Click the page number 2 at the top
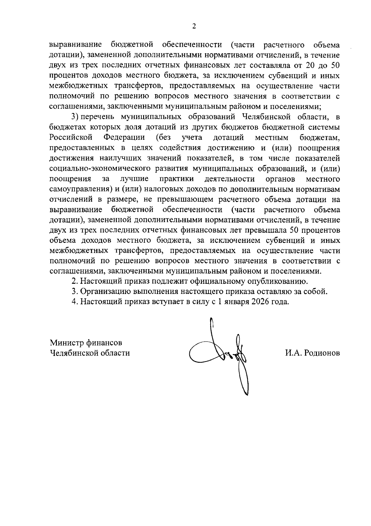coord(194,27)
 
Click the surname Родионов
coord(322,353)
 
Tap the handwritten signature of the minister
coord(223,356)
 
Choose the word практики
coord(177,179)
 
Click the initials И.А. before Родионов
coord(294,353)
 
